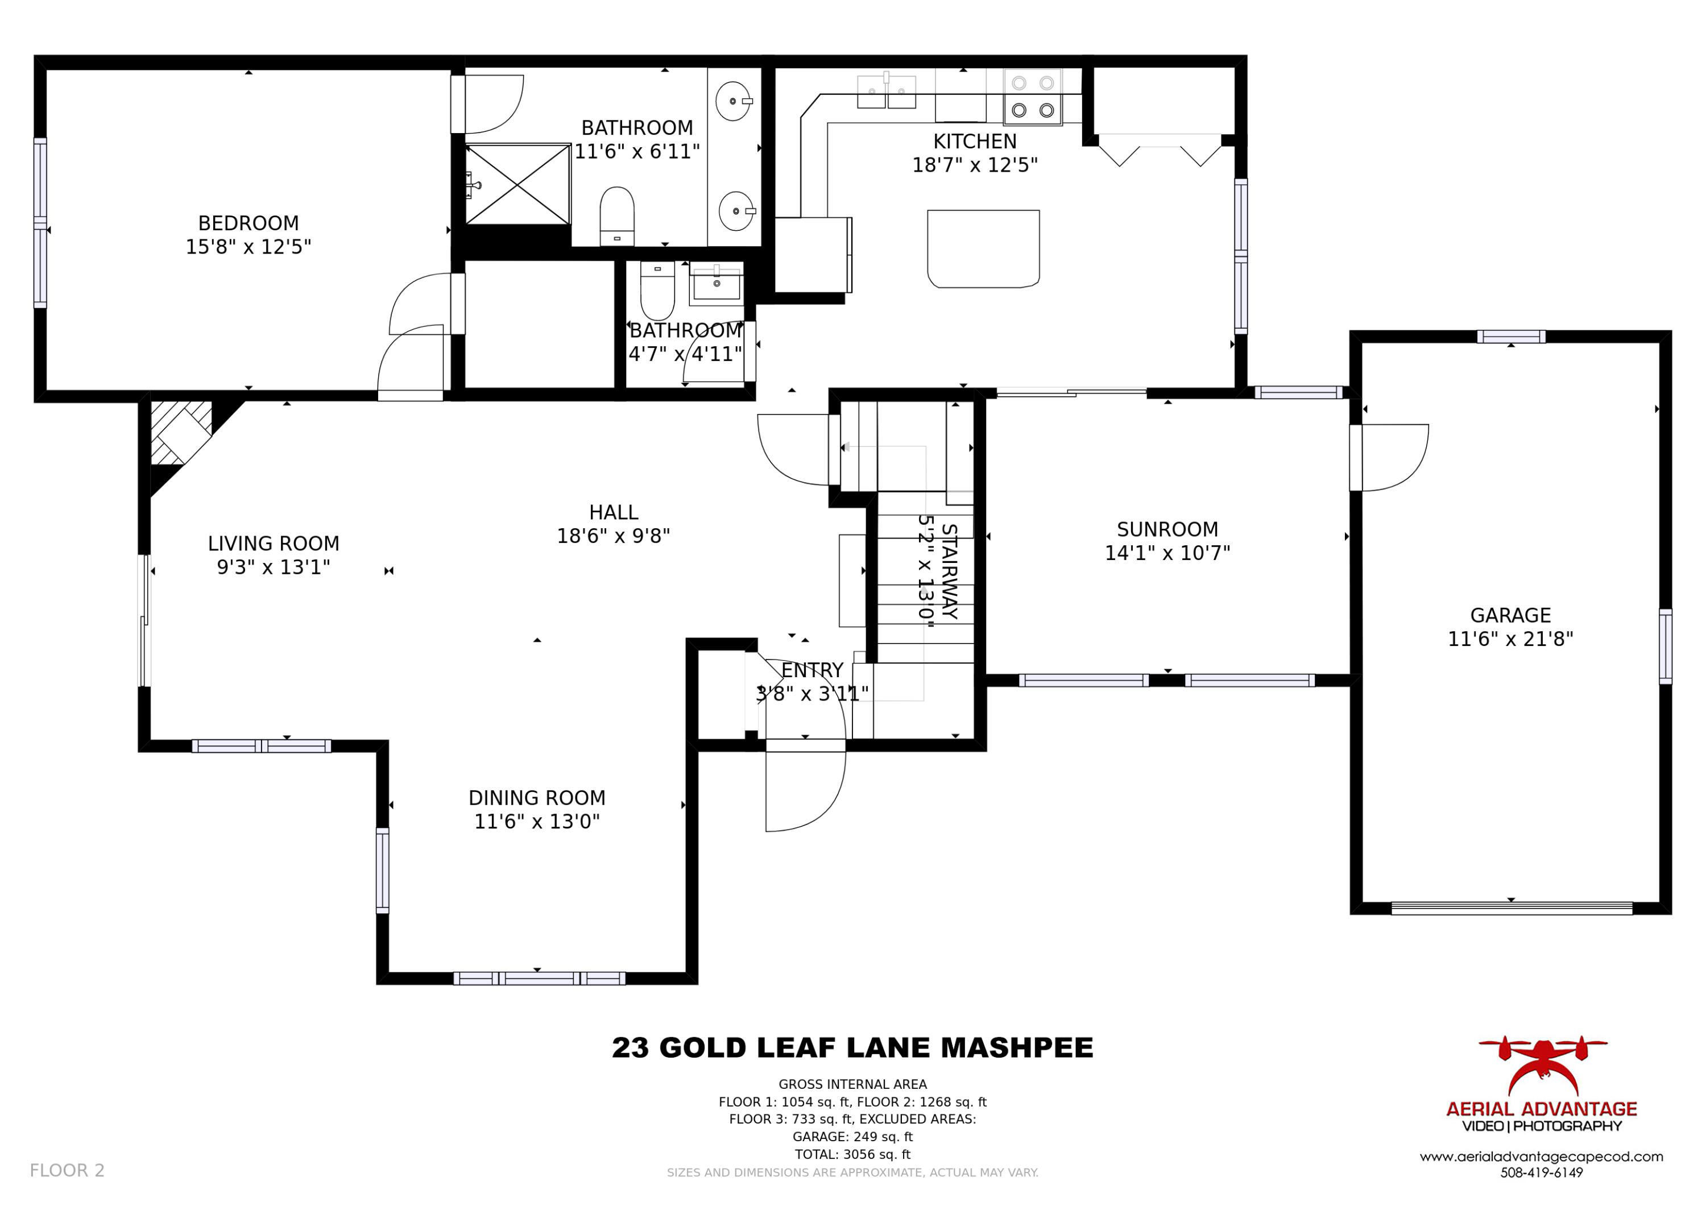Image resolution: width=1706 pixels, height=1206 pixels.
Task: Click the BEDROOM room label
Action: click(248, 223)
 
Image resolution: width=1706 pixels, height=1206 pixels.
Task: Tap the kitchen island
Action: click(983, 248)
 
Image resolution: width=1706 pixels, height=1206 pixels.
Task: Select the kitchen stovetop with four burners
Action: click(1033, 97)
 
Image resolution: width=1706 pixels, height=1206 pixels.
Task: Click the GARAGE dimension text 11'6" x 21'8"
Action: click(1510, 639)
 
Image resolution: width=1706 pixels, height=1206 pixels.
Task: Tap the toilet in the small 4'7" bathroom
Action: click(657, 290)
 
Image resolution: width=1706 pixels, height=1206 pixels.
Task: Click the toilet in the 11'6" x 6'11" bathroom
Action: click(616, 215)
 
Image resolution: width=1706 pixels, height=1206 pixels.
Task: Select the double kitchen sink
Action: click(887, 92)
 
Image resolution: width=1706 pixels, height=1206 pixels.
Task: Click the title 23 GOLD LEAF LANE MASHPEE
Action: click(852, 1048)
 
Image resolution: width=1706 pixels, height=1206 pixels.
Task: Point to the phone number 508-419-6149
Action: click(1542, 1172)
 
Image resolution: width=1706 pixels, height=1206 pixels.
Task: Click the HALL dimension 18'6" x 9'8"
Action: click(614, 536)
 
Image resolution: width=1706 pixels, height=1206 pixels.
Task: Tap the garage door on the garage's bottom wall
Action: click(1512, 908)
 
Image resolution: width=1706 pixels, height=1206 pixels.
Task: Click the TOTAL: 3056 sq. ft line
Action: click(852, 1154)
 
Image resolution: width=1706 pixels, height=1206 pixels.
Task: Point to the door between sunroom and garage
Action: click(1389, 458)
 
